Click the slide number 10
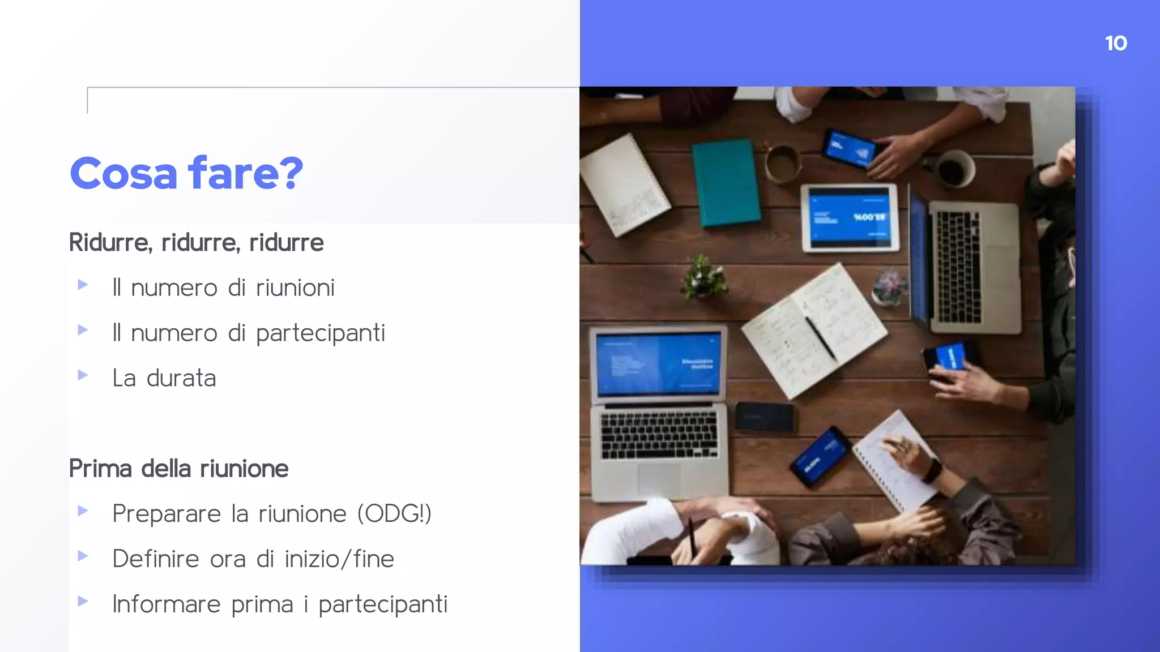click(1116, 44)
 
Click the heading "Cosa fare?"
click(186, 173)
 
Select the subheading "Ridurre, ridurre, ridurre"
click(196, 243)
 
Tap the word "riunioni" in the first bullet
click(295, 288)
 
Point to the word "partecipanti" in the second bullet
click(321, 333)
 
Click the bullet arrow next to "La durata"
click(83, 375)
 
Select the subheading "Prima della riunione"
click(178, 469)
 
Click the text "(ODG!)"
click(394, 514)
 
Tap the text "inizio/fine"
click(339, 559)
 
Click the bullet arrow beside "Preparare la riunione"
click(83, 511)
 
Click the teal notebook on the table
click(726, 182)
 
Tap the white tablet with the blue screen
click(849, 218)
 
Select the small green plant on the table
click(703, 277)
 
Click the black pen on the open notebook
click(821, 338)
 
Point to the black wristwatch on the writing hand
click(931, 470)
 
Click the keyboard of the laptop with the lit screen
click(659, 435)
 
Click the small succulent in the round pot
click(889, 286)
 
